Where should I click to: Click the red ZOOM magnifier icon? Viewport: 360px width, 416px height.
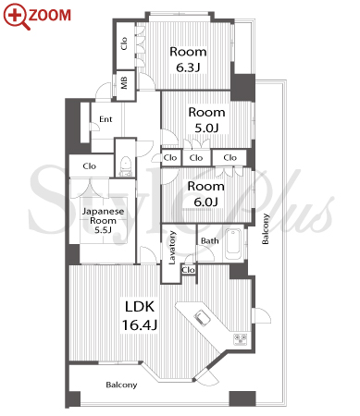(17, 17)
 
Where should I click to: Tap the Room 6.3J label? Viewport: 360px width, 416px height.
(188, 59)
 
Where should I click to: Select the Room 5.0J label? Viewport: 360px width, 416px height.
(206, 120)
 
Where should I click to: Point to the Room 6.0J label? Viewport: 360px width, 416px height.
(205, 194)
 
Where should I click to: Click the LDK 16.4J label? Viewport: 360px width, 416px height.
(140, 315)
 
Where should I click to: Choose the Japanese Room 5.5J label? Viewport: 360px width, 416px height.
(103, 220)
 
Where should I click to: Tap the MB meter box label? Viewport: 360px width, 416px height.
(124, 82)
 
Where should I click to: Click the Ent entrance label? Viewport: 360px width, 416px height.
(106, 119)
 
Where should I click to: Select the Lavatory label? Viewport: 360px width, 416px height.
(172, 248)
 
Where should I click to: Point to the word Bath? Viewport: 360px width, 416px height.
(210, 240)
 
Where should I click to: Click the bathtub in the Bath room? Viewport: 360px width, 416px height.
(233, 245)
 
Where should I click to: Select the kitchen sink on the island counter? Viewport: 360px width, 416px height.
(202, 318)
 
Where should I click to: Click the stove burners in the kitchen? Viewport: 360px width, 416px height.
(241, 339)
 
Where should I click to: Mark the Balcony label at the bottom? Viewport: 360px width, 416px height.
(121, 385)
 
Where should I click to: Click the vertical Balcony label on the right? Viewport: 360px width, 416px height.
(266, 228)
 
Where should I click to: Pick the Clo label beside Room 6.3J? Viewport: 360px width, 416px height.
(124, 43)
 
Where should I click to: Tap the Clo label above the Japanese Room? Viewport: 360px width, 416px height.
(90, 166)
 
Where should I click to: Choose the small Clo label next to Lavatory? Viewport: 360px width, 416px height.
(188, 270)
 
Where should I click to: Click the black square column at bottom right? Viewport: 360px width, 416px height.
(242, 398)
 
